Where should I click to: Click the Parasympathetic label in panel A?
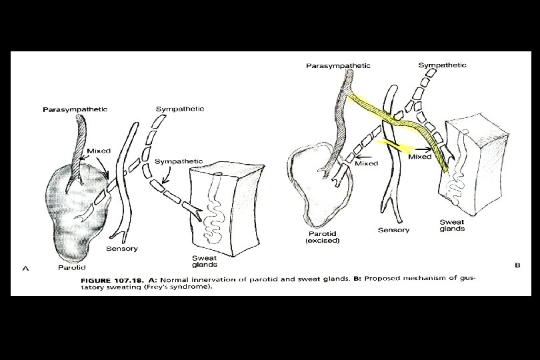point(75,109)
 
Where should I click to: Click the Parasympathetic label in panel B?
point(338,65)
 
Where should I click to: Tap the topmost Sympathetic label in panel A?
point(179,108)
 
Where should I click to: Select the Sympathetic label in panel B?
point(442,65)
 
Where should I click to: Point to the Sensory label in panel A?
point(122,249)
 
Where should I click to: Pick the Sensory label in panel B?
point(393,230)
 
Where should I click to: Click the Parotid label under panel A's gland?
point(70,267)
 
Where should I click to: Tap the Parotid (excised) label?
point(323,237)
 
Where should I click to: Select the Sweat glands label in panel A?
point(204,261)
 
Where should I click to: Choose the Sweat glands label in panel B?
point(452,225)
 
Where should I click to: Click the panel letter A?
point(25,269)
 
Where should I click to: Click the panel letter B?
point(517,265)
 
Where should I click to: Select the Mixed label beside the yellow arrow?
point(420,157)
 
